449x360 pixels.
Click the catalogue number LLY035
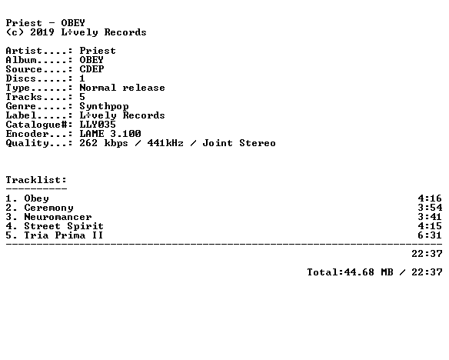click(x=98, y=125)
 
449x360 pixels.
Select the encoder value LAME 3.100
click(x=110, y=134)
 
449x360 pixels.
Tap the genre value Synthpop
click(x=105, y=107)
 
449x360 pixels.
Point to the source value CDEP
click(x=91, y=69)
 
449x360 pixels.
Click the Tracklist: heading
click(x=36, y=180)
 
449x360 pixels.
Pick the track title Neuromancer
click(x=58, y=217)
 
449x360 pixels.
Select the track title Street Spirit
click(x=64, y=226)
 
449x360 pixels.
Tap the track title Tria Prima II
click(x=64, y=235)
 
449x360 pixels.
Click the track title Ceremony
click(x=48, y=208)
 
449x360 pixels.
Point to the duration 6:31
click(x=430, y=235)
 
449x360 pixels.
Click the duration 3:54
click(x=430, y=208)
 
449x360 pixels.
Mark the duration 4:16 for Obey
click(x=430, y=198)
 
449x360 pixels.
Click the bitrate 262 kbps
click(x=104, y=143)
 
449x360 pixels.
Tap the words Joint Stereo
click(x=239, y=143)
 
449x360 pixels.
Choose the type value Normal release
click(x=122, y=88)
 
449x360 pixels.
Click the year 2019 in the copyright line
click(x=42, y=32)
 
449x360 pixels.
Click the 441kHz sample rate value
click(x=165, y=143)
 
